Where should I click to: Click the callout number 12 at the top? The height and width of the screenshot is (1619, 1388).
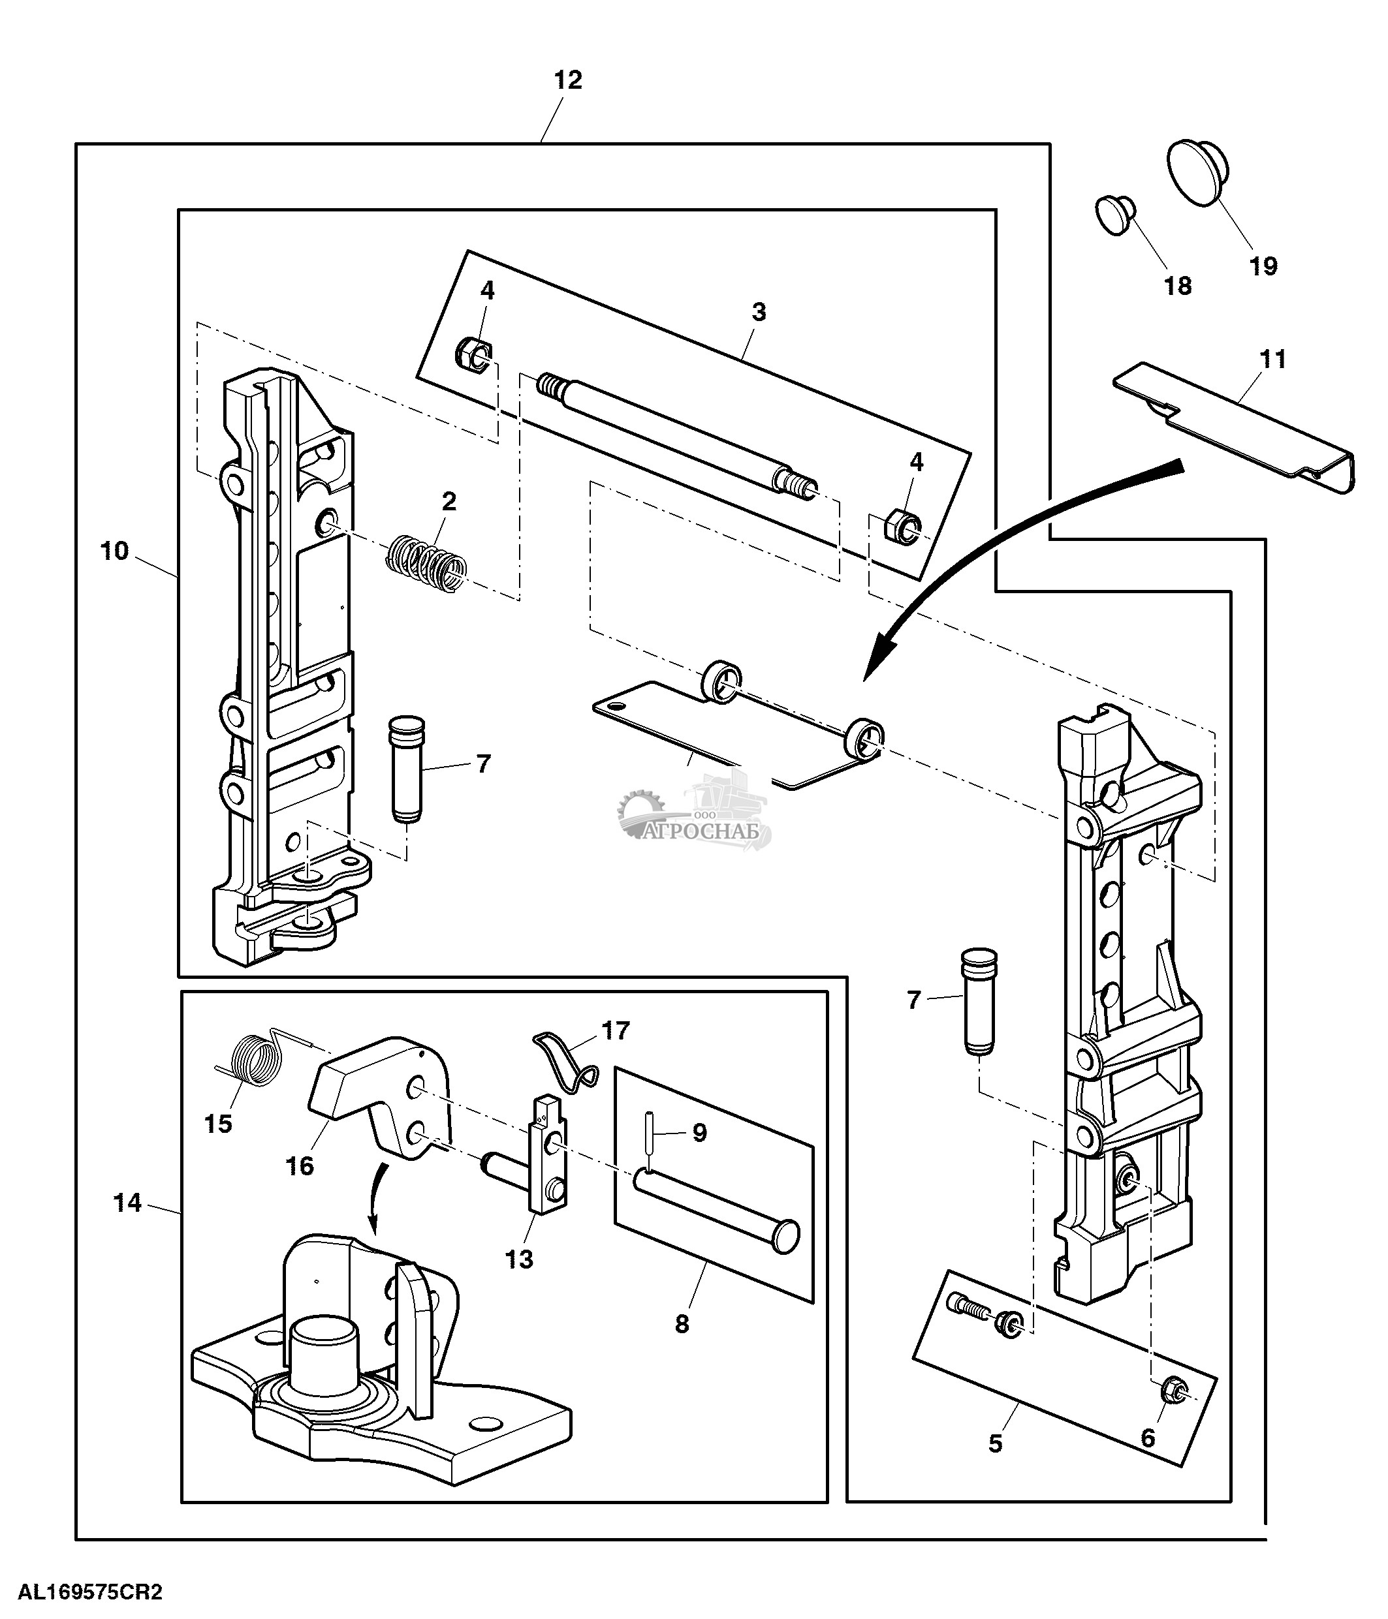point(568,80)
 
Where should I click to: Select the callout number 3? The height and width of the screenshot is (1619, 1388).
point(758,313)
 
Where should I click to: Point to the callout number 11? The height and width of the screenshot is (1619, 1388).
point(1273,360)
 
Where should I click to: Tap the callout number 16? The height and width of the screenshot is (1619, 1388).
point(299,1167)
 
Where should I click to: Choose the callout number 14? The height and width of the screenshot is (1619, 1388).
point(127,1203)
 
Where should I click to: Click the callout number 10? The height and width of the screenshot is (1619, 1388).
point(114,551)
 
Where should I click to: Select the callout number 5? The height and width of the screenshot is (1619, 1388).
point(995,1443)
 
